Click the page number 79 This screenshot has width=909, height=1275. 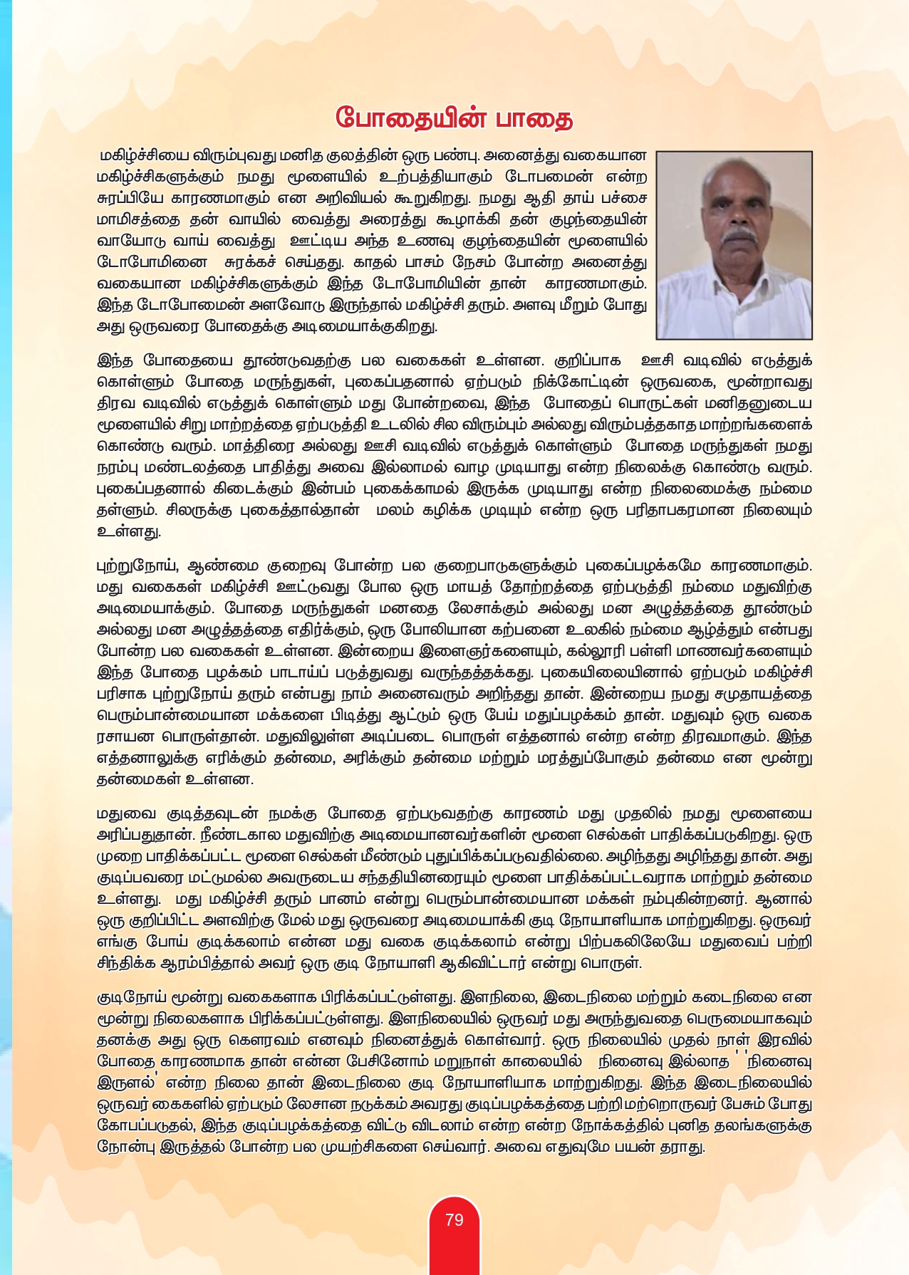click(x=454, y=1220)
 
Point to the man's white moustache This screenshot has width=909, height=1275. click(x=738, y=234)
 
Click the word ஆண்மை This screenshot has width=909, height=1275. click(x=221, y=566)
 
